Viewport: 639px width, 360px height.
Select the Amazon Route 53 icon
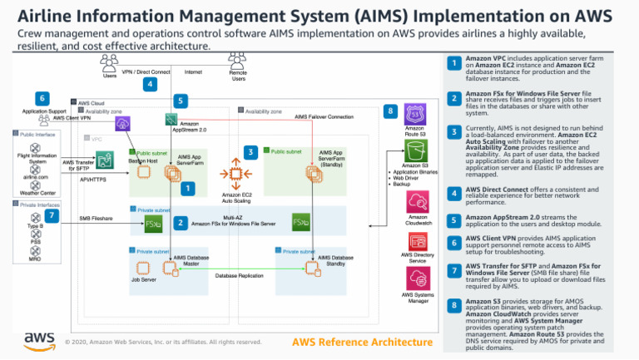(x=414, y=115)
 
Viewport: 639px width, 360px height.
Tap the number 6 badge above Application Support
(x=42, y=98)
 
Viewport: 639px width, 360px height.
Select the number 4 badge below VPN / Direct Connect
(x=150, y=84)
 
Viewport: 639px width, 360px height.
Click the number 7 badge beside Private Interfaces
(x=52, y=216)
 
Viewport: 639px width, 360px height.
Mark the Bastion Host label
(x=143, y=160)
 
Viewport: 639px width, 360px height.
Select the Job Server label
(x=144, y=280)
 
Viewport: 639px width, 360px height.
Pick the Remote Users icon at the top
(x=238, y=63)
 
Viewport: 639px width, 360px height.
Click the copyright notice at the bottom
(x=162, y=342)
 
